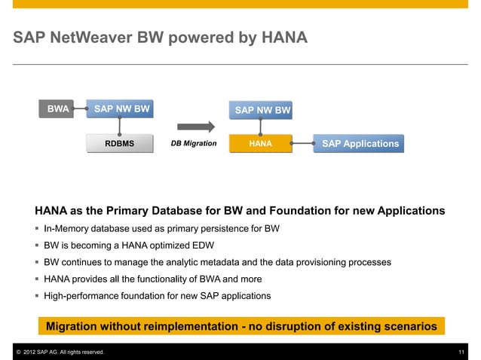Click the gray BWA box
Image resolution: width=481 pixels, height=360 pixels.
pyautogui.click(x=58, y=108)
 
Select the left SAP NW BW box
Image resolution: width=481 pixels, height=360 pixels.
pyautogui.click(x=121, y=108)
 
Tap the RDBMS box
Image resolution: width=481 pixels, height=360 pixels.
pyautogui.click(x=120, y=142)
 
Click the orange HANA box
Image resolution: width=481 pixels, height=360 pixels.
pyautogui.click(x=260, y=142)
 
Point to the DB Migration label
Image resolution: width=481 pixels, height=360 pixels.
pyautogui.click(x=194, y=142)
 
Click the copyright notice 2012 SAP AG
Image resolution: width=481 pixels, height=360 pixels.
pyautogui.click(x=56, y=352)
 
